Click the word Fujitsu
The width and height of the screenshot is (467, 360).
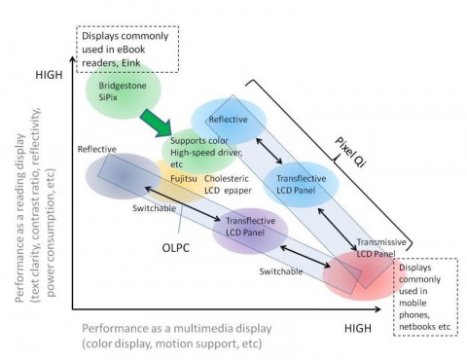pos(175,178)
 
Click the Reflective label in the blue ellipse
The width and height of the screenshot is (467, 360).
pos(228,119)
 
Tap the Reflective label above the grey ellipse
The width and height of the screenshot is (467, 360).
pos(97,149)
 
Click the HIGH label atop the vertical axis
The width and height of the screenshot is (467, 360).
pos(48,75)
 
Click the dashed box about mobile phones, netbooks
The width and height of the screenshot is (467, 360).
pos(428,295)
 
